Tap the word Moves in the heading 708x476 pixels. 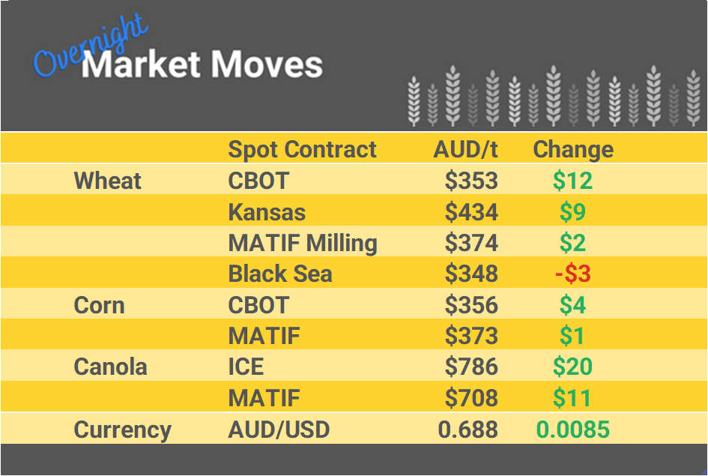pyautogui.click(x=267, y=65)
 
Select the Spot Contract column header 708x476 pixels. pyautogui.click(x=302, y=149)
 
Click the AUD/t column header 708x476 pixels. pyautogui.click(x=465, y=149)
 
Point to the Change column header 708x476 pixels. pyautogui.click(x=573, y=149)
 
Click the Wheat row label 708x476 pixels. pyautogui.click(x=108, y=181)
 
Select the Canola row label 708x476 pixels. pyautogui.click(x=110, y=367)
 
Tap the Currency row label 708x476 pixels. pyautogui.click(x=122, y=430)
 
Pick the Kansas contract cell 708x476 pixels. pyautogui.click(x=267, y=212)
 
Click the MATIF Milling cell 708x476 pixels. pyautogui.click(x=303, y=243)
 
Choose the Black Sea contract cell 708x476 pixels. pyautogui.click(x=280, y=274)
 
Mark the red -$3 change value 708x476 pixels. pyautogui.click(x=573, y=274)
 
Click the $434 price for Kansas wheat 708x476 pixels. pyautogui.click(x=471, y=212)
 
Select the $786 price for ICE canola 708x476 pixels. pyautogui.click(x=471, y=367)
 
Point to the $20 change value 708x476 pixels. pyautogui.click(x=573, y=367)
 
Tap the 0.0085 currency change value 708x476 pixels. pyautogui.click(x=573, y=430)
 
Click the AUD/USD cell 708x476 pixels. pyautogui.click(x=279, y=430)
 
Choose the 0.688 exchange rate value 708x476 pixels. pyautogui.click(x=468, y=430)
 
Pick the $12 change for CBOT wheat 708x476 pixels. pyautogui.click(x=573, y=181)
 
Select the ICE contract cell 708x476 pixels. pyautogui.click(x=246, y=367)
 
